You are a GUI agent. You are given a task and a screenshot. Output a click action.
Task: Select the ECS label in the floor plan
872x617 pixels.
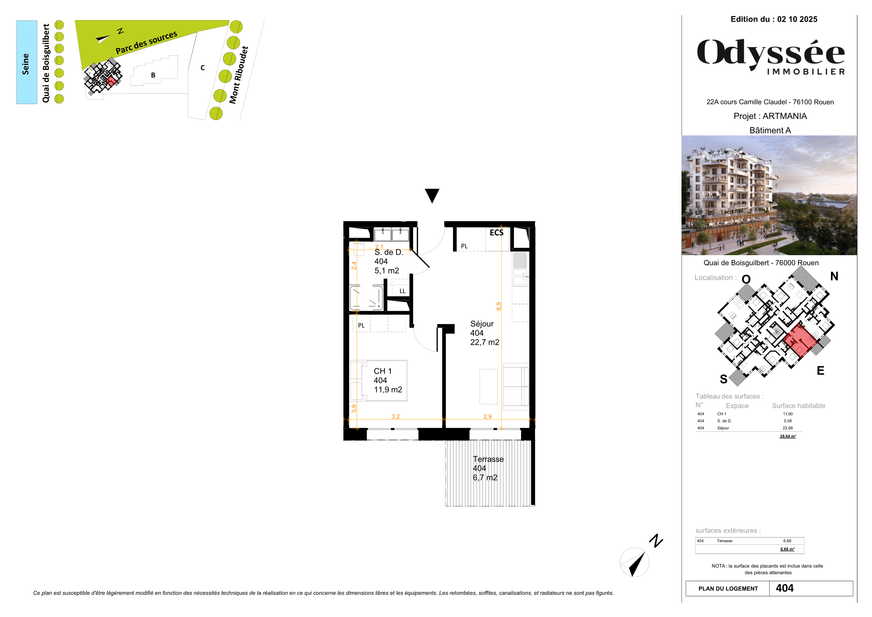(x=496, y=232)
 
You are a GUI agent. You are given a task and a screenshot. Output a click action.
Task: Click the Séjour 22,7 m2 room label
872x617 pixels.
(x=484, y=333)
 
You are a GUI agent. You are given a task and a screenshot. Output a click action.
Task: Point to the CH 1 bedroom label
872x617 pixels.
(x=387, y=380)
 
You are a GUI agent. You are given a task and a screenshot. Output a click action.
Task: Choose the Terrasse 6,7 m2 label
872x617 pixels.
(x=488, y=468)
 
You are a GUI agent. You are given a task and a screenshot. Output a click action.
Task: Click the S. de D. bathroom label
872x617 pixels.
(x=388, y=261)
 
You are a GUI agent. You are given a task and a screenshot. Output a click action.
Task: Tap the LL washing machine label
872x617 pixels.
(x=402, y=291)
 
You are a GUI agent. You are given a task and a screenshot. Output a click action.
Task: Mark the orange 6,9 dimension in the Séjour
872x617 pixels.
(x=499, y=306)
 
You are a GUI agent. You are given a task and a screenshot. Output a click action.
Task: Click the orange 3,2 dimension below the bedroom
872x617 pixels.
(x=395, y=416)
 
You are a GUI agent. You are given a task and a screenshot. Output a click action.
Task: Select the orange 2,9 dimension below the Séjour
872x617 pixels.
(x=487, y=416)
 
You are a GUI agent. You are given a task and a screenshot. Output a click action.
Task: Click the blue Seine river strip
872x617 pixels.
(x=26, y=62)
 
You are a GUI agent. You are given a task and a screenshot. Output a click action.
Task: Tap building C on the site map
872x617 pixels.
(x=202, y=68)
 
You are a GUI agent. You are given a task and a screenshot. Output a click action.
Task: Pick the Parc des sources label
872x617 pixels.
(x=146, y=43)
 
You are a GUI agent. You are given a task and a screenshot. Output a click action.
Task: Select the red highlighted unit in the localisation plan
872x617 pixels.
(x=799, y=339)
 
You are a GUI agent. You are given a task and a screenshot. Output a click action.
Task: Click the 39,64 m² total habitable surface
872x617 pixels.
(x=787, y=436)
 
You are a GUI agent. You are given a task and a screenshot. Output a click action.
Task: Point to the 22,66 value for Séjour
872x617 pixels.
(x=787, y=428)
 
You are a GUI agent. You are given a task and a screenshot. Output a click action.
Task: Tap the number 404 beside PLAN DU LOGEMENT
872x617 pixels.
(x=784, y=588)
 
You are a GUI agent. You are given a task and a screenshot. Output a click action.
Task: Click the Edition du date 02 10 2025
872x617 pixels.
(x=797, y=19)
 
